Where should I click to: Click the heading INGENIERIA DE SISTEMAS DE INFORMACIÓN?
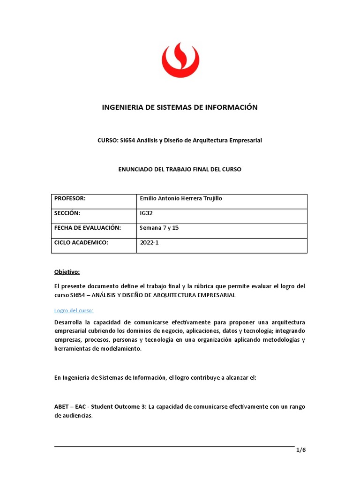pyautogui.click(x=180, y=107)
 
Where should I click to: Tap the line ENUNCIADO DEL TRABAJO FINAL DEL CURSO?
pyautogui.click(x=180, y=169)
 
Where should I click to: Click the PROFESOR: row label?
pyautogui.click(x=70, y=199)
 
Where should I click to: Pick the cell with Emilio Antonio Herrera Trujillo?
pyautogui.click(x=181, y=199)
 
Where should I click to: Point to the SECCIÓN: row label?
pyautogui.click(x=68, y=213)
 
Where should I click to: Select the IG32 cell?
pyautogui.click(x=147, y=213)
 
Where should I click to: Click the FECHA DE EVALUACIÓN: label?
pyautogui.click(x=88, y=228)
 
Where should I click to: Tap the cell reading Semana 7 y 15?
pyautogui.click(x=159, y=228)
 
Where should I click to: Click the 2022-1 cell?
pyautogui.click(x=150, y=242)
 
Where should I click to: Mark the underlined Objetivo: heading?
pyautogui.click(x=67, y=272)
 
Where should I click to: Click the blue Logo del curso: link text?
pyautogui.click(x=74, y=310)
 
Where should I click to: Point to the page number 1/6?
pyautogui.click(x=300, y=450)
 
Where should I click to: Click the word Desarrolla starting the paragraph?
pyautogui.click(x=70, y=322)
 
